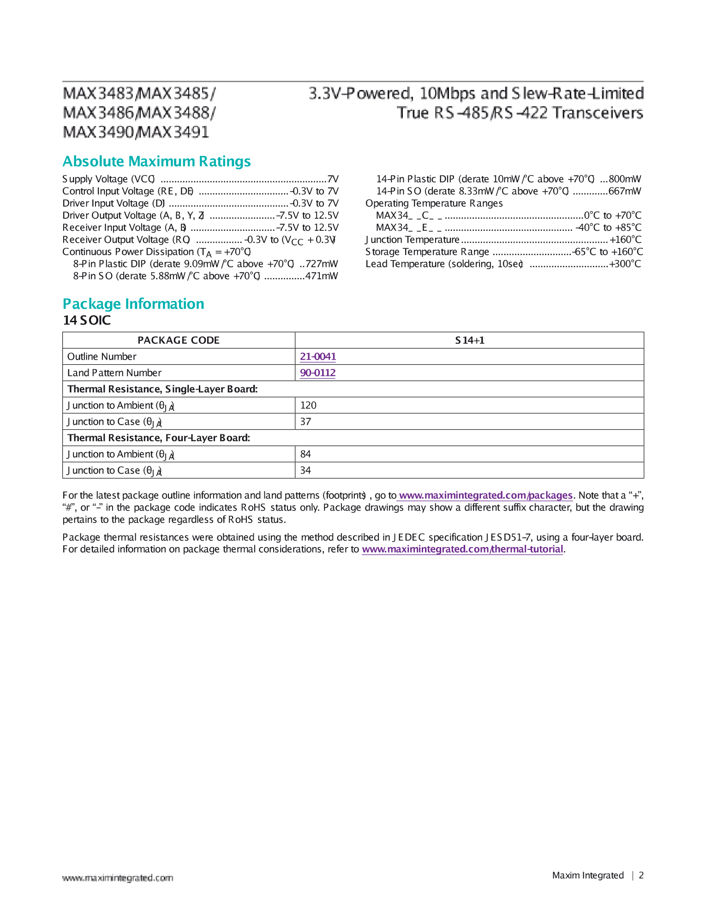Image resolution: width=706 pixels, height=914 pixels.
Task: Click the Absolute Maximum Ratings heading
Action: pos(156,162)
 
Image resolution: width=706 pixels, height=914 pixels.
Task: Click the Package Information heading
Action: pos(133,304)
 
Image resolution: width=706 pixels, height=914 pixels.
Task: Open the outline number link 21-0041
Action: pos(318,356)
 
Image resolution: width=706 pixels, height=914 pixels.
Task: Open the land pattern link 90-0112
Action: pos(317,373)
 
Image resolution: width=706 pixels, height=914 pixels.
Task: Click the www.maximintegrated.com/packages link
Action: pos(485,495)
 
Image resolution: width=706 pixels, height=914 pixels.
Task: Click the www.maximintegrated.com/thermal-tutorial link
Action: pos(462,549)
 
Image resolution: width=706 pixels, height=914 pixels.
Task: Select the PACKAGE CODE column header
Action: pos(179,340)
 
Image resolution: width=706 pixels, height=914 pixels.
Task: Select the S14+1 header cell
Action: pos(469,340)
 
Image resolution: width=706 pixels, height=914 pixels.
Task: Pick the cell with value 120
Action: pos(308,405)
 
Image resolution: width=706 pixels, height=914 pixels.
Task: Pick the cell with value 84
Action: pos(305,454)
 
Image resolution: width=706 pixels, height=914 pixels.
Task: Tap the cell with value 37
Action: pos(305,421)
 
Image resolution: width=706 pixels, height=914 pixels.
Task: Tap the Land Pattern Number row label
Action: pos(114,373)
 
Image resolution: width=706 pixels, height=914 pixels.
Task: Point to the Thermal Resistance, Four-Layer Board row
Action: pos(159,438)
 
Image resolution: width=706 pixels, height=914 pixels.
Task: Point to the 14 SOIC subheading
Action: pos(87,320)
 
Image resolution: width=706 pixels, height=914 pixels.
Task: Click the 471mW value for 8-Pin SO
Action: pos(322,276)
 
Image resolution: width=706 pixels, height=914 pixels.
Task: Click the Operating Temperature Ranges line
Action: pos(434,204)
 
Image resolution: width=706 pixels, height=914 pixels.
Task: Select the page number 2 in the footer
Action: pos(641,875)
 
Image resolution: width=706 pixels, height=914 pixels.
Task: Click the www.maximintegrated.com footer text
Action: pos(118,878)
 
